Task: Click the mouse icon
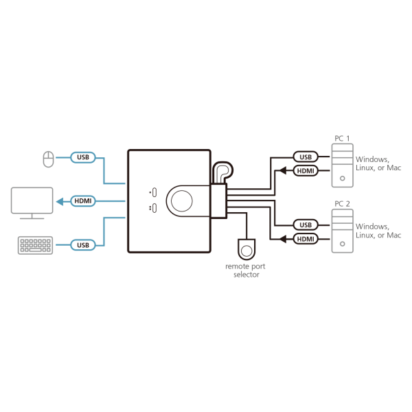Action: tap(46, 159)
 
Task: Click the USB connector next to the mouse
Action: tap(82, 158)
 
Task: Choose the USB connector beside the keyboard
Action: tap(82, 244)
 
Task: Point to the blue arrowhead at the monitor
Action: tap(59, 201)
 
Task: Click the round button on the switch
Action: tap(183, 201)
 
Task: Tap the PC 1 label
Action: tap(341, 139)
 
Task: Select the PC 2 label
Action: tap(341, 203)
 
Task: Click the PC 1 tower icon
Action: tap(341, 165)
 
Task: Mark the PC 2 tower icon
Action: tap(341, 231)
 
